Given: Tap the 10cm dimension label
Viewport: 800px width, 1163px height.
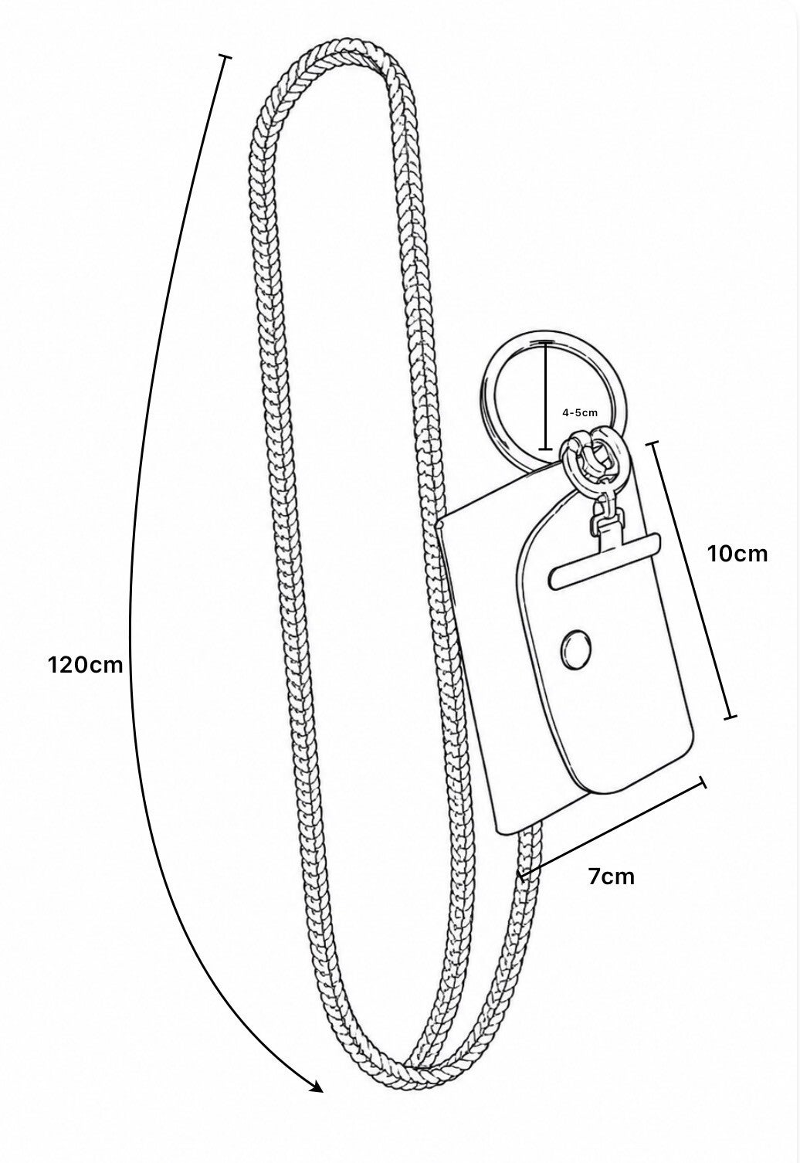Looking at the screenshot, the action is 737,554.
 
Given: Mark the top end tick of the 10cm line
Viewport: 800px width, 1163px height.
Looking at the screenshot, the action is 652,445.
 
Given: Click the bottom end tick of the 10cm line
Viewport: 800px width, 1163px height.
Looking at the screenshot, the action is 730,718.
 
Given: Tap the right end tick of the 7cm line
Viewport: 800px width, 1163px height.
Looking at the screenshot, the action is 704,783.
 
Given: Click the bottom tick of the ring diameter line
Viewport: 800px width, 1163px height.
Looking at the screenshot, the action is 544,448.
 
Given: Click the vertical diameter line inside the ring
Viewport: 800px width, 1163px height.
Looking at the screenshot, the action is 545,395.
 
